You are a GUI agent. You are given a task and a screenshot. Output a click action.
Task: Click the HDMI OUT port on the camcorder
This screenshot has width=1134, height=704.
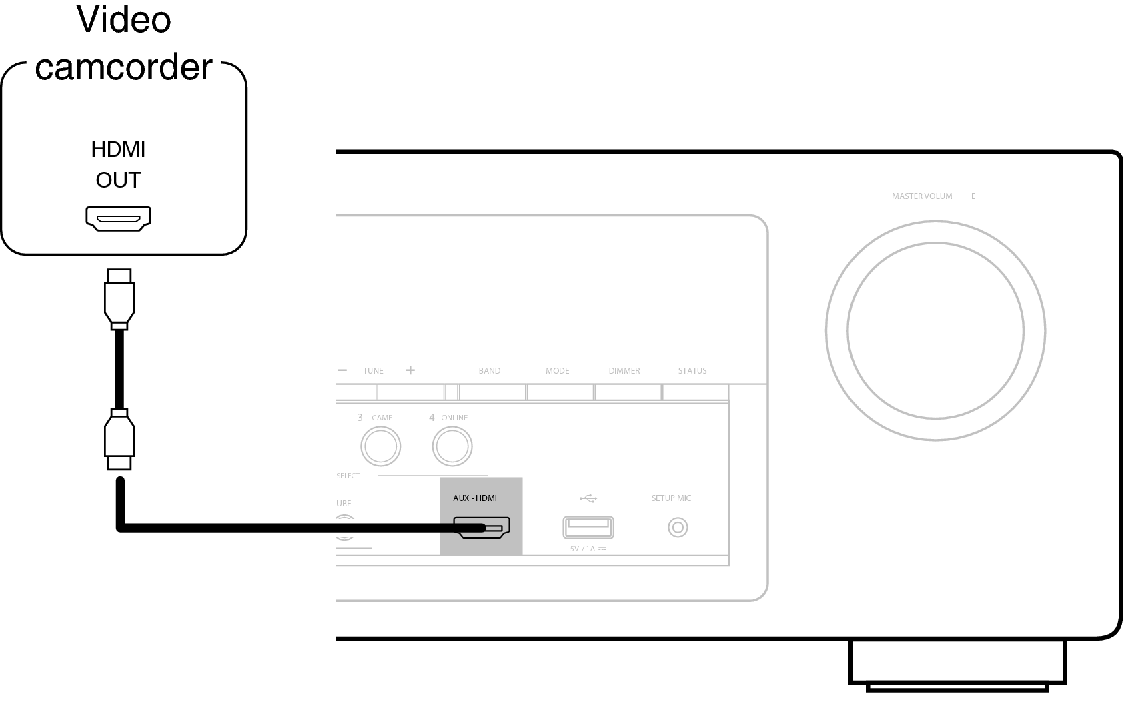tap(118, 218)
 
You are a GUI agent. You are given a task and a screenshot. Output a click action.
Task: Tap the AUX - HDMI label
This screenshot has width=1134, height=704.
tap(474, 498)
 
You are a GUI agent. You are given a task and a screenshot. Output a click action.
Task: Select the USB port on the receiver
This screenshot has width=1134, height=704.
tap(588, 527)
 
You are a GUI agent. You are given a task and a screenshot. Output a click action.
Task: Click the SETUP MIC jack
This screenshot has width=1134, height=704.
tap(678, 528)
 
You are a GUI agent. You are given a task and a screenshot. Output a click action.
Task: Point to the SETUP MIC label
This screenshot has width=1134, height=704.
tap(670, 498)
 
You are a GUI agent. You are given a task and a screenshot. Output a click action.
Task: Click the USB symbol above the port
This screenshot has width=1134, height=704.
tap(588, 498)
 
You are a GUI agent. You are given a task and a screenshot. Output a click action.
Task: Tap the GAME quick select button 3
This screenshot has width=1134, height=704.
tap(380, 446)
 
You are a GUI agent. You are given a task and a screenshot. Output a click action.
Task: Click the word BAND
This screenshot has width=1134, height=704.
tap(489, 371)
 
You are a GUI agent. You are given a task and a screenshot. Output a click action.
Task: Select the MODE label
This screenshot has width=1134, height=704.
tap(557, 371)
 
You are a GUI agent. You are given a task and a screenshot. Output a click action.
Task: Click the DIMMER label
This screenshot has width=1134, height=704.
tap(624, 371)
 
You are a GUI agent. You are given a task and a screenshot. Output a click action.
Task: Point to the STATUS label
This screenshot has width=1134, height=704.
tap(692, 371)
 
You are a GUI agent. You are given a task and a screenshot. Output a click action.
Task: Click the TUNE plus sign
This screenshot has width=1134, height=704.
tap(410, 370)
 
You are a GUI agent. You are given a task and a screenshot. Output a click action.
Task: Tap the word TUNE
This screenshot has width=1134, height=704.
tap(373, 371)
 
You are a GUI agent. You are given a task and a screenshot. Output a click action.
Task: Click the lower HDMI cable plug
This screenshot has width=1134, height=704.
tap(119, 441)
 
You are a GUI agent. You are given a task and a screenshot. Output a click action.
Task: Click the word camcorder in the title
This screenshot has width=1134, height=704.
tap(123, 67)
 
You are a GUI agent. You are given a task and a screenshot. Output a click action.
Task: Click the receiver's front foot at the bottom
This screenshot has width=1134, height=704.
tap(957, 664)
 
